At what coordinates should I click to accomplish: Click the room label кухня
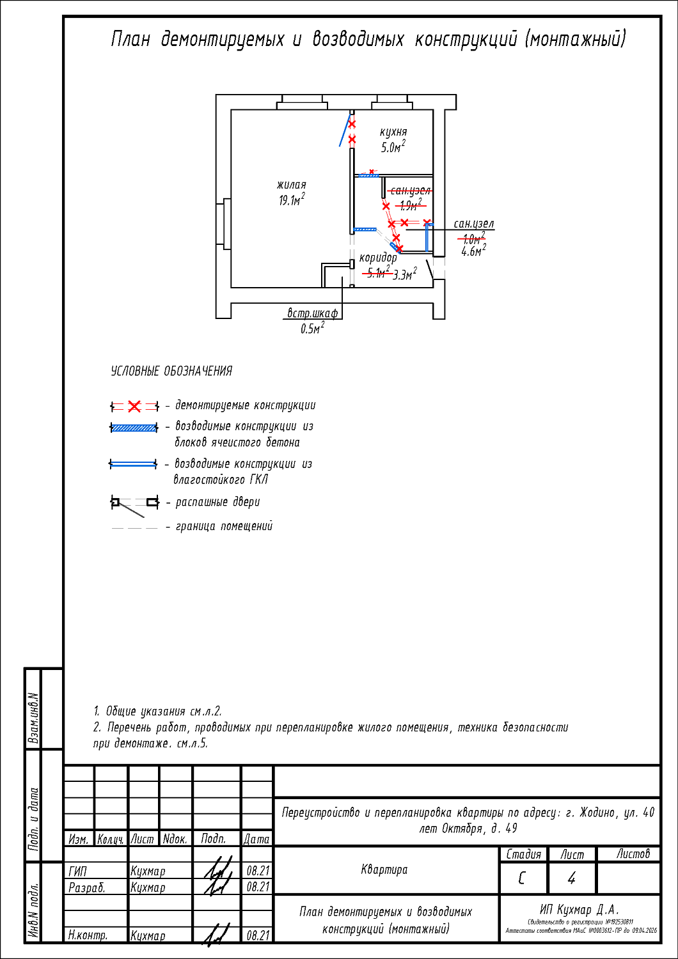[393, 132]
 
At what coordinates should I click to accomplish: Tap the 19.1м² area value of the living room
[291, 200]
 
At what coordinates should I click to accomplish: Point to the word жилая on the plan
[291, 185]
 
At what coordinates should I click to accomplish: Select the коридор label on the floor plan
[377, 258]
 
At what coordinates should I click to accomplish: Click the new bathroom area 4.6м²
[473, 251]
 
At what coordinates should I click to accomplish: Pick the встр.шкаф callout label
[312, 313]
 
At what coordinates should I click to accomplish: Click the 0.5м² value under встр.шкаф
[312, 329]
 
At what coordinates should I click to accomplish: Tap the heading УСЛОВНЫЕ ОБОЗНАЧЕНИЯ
[171, 371]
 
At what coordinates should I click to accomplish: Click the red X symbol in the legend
[134, 407]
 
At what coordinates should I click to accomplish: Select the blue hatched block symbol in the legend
[134, 428]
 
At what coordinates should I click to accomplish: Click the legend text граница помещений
[224, 526]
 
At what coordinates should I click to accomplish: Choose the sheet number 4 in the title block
[571, 878]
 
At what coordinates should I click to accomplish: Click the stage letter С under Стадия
[523, 878]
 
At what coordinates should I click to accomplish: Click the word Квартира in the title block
[384, 869]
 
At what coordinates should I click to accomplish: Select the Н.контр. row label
[88, 935]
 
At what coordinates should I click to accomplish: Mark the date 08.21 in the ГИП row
[257, 871]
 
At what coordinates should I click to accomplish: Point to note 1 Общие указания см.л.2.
[157, 711]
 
